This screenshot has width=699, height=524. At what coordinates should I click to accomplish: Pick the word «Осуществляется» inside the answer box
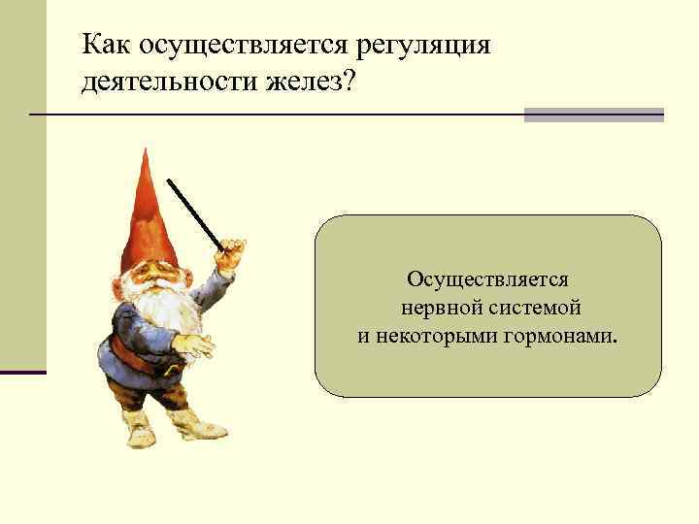(x=487, y=279)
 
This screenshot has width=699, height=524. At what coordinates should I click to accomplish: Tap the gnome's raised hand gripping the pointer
(x=230, y=259)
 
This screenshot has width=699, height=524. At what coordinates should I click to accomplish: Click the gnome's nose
(x=153, y=282)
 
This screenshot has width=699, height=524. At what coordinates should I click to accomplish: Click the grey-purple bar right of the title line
(x=593, y=115)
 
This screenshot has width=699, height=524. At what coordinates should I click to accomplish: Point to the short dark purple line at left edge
(x=22, y=372)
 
